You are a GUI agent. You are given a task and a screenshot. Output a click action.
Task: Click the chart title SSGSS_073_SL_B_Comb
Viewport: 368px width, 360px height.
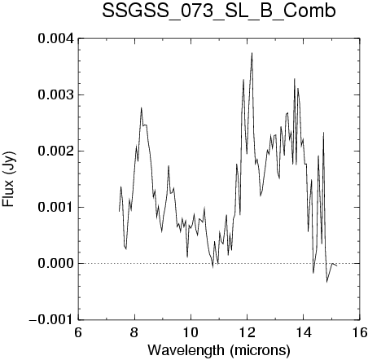(219, 11)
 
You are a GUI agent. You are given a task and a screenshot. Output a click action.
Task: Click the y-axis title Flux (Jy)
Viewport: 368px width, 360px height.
(9, 179)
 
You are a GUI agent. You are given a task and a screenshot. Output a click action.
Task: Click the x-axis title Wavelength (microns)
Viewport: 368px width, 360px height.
(219, 350)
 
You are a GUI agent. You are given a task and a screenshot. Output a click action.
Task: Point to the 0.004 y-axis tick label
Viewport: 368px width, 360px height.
(55, 38)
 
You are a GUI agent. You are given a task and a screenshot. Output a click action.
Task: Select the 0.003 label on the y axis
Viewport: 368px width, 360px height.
(55, 94)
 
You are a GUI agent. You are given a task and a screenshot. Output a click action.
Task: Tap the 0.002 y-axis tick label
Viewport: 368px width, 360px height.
(55, 151)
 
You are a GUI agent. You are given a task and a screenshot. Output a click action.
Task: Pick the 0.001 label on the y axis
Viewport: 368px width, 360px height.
(55, 207)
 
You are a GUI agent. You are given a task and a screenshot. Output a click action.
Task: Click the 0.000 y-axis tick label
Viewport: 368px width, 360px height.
(55, 263)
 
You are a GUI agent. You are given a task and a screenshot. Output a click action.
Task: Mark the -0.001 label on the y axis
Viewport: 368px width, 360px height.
(51, 319)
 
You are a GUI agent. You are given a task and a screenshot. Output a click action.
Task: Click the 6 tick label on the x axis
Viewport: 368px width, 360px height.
(78, 332)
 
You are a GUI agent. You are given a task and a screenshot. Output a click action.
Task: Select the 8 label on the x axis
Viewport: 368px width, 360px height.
(134, 332)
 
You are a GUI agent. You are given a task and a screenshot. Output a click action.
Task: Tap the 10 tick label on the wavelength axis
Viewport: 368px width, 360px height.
(191, 332)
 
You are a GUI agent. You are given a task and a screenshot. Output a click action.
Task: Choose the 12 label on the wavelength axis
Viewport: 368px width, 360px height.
(247, 332)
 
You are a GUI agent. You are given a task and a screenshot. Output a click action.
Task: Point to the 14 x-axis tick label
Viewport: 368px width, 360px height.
(304, 332)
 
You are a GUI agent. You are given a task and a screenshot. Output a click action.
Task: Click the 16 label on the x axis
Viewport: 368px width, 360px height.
(360, 332)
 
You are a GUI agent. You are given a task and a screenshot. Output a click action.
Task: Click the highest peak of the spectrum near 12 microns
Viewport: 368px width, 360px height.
(252, 53)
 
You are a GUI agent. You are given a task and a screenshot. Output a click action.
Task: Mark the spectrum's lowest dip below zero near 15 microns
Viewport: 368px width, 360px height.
(326, 282)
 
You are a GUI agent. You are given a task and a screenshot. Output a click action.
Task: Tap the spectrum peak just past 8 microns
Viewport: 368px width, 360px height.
(142, 108)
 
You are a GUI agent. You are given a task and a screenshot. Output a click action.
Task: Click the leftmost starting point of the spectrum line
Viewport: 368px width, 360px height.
(119, 211)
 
